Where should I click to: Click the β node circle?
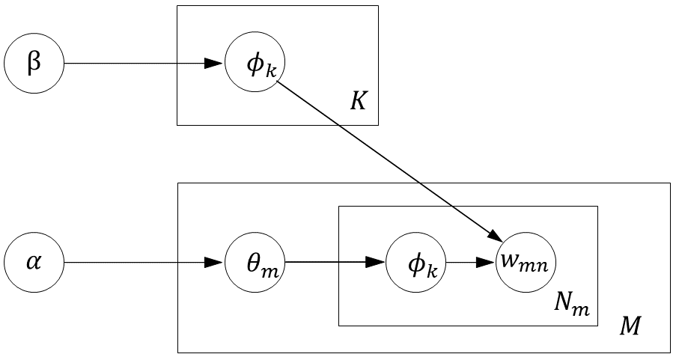34,64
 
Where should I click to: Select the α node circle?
34,263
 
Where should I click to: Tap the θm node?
255,263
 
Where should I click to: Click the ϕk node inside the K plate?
255,64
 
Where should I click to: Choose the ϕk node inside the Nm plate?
416,263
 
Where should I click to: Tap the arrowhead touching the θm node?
216,263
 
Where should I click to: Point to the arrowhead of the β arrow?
216,64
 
